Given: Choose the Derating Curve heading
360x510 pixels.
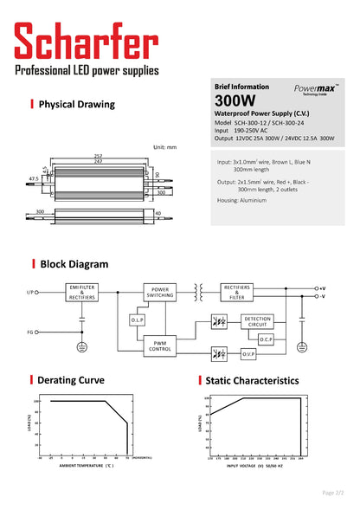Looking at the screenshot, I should click(72, 380).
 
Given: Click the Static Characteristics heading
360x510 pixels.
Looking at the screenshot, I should click(253, 380).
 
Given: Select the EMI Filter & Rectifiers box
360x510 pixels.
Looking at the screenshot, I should click(82, 292).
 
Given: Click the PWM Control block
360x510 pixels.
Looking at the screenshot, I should click(160, 346).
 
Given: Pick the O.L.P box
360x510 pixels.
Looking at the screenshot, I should click(138, 320).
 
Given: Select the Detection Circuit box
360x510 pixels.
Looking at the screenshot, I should click(257, 320).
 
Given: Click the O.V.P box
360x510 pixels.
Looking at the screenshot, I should click(247, 353).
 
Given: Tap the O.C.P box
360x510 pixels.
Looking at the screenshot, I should click(265, 339).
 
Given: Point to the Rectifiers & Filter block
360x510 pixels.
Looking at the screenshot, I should click(239, 292).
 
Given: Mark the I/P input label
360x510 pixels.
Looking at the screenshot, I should click(31, 293).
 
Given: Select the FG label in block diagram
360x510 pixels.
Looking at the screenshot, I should click(31, 332).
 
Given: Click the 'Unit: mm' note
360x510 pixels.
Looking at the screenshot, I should click(164, 147).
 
